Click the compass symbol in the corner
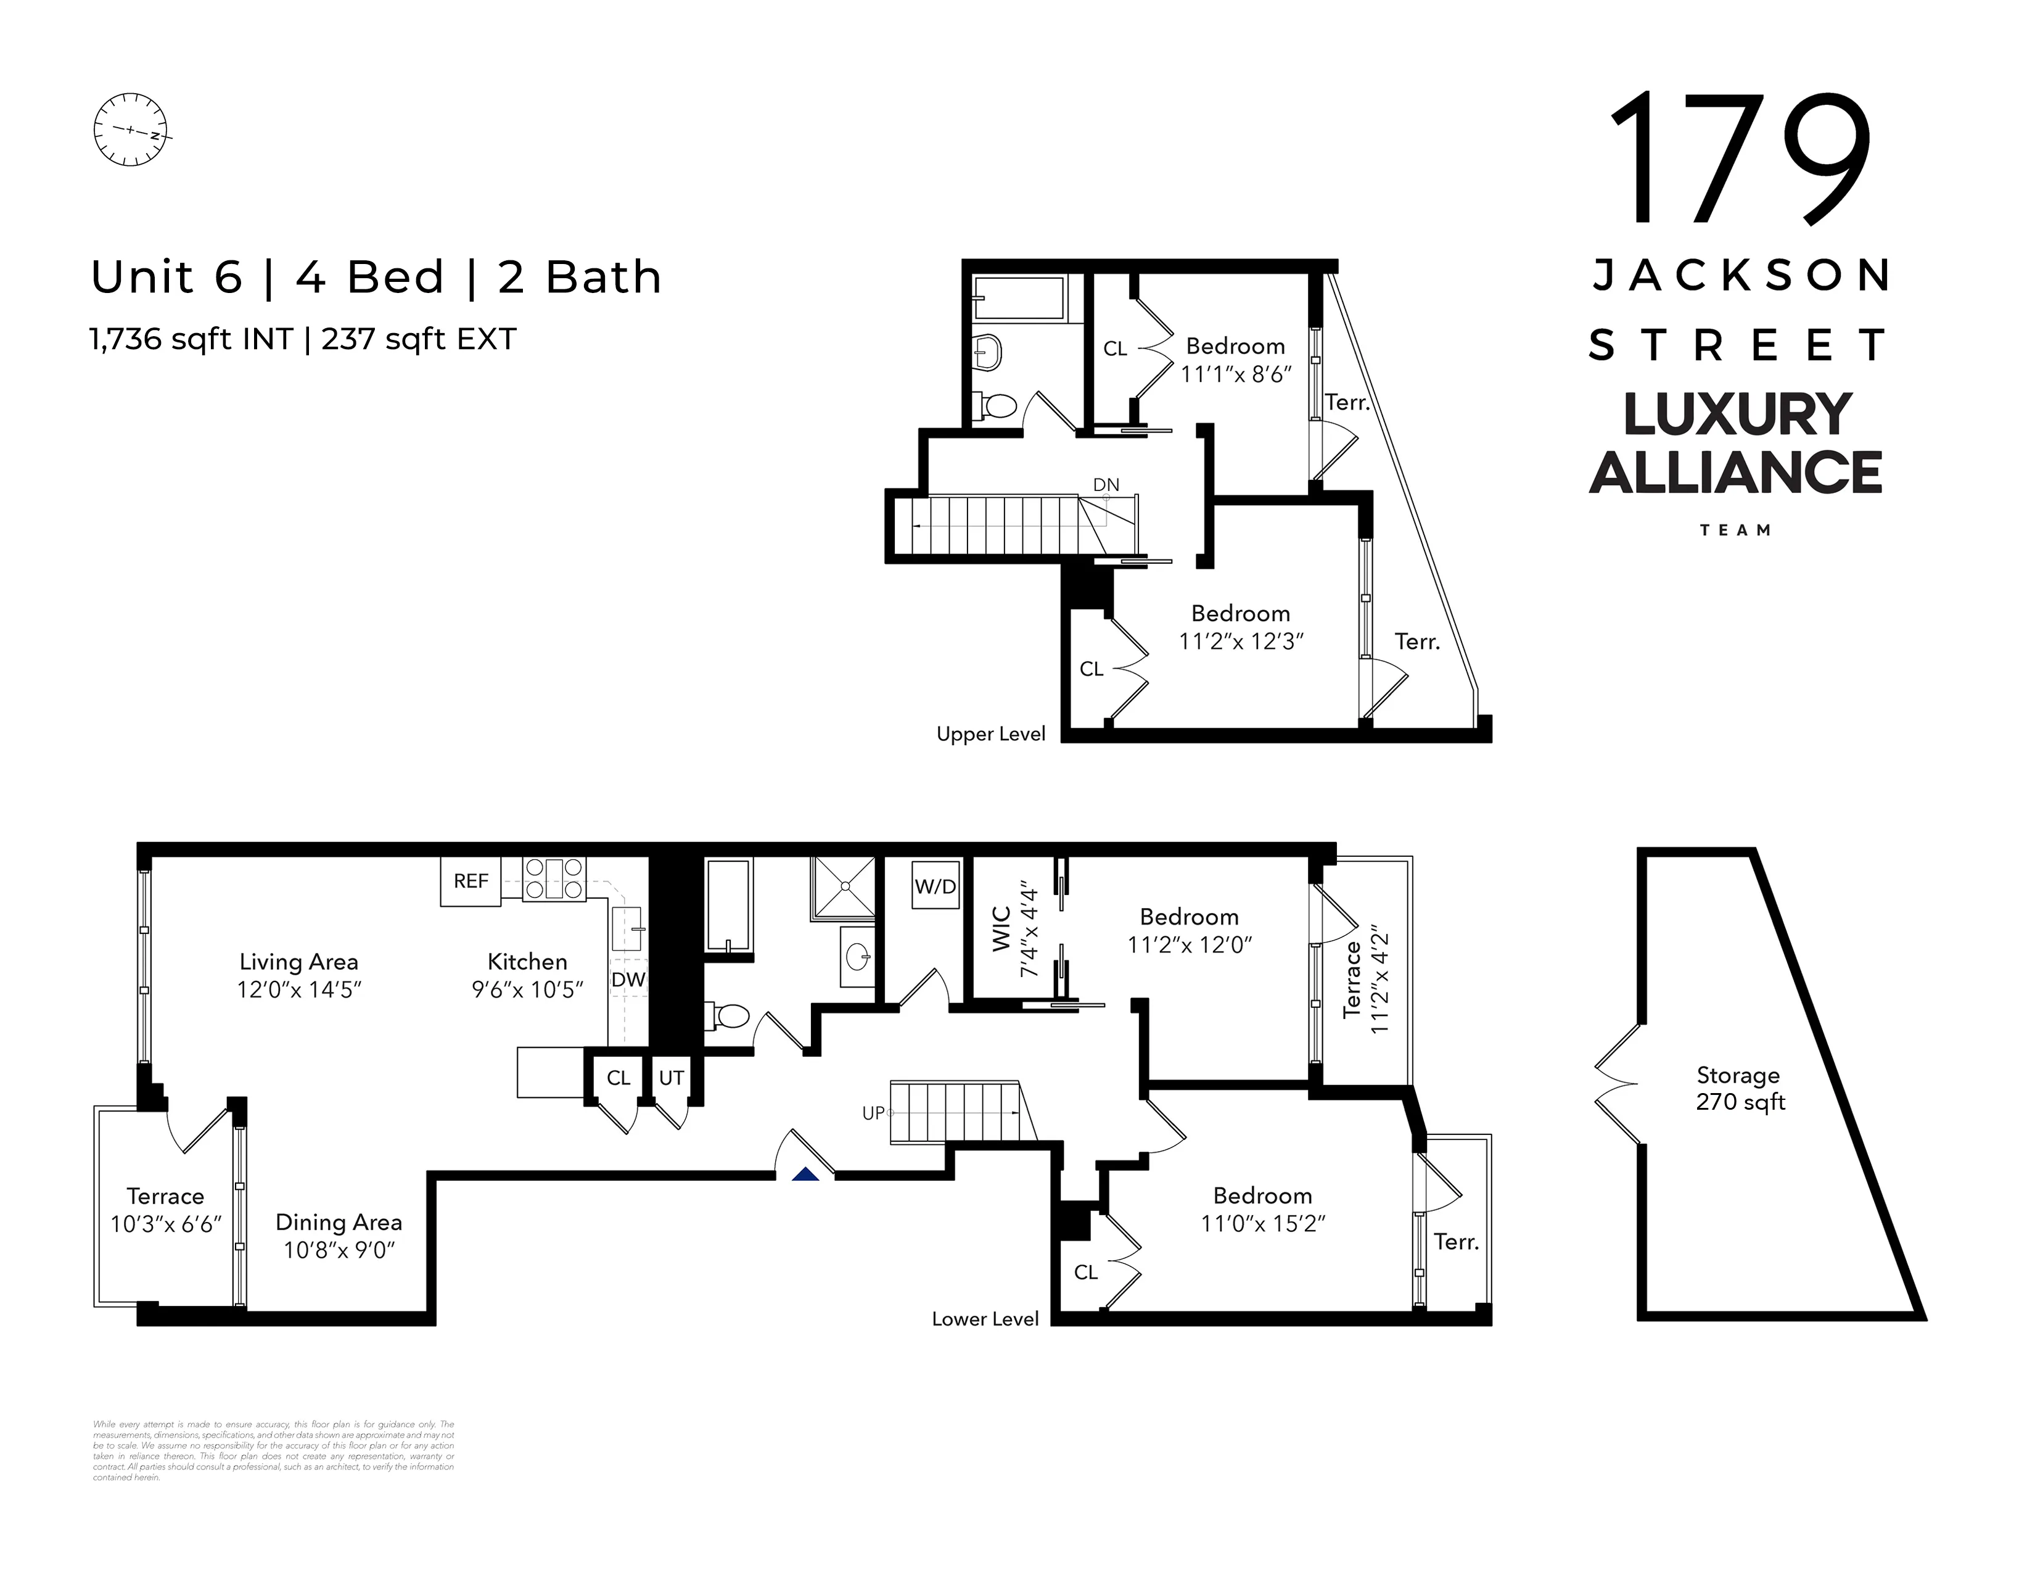131,130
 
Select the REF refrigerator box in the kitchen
471,881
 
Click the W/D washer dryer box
935,886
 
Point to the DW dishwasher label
628,980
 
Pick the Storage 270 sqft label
1739,1088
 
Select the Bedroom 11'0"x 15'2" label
1262,1208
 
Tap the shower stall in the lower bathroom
842,888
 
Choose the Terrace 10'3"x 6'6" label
165,1210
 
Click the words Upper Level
990,734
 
